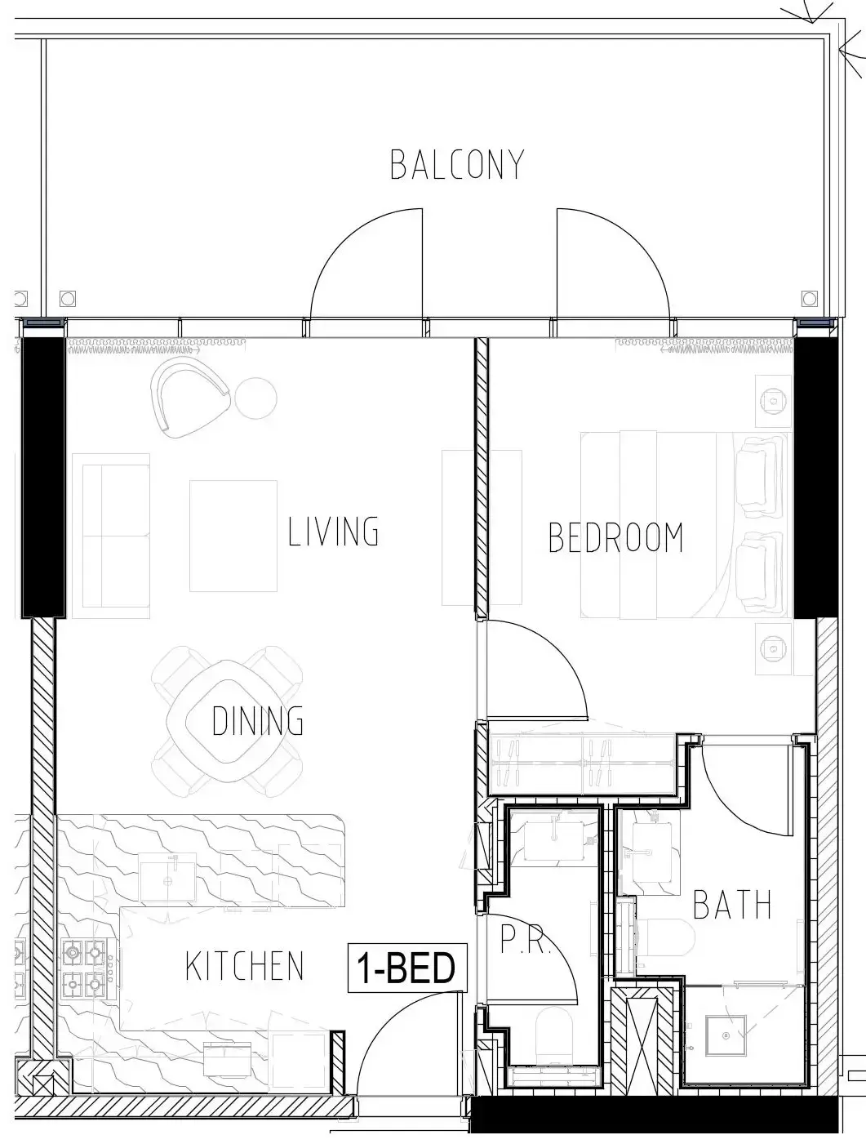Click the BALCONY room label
pyautogui.click(x=457, y=165)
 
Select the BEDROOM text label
pyautogui.click(x=615, y=537)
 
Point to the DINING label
pyautogui.click(x=257, y=721)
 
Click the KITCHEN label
pyautogui.click(x=244, y=965)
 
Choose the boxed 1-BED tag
pyautogui.click(x=407, y=968)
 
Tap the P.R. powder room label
pyautogui.click(x=525, y=939)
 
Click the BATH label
pyautogui.click(x=731, y=905)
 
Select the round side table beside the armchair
pyautogui.click(x=255, y=398)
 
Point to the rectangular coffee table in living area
pyautogui.click(x=233, y=536)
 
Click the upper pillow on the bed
pyautogui.click(x=758, y=474)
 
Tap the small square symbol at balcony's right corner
pyautogui.click(x=809, y=299)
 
